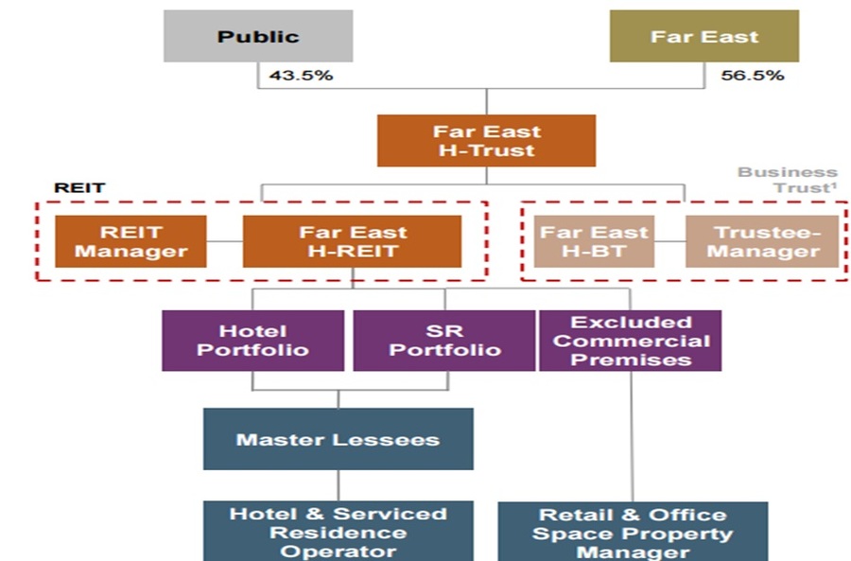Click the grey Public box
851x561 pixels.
pos(258,37)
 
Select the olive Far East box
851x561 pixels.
pos(703,37)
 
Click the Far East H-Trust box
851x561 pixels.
pos(486,140)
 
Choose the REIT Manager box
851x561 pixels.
pos(130,241)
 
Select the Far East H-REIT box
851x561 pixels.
pos(353,241)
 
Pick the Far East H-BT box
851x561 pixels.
pos(594,241)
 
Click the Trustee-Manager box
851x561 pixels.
pos(762,241)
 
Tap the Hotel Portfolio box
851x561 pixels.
pos(252,341)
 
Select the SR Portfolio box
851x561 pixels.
pos(443,341)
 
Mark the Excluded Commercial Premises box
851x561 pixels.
pos(631,341)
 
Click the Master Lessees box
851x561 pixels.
pos(338,439)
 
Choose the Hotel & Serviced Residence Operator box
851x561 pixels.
pos(338,532)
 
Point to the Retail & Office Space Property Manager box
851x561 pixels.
pos(633,532)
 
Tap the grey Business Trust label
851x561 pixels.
pos(789,179)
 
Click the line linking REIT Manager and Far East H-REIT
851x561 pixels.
pos(225,241)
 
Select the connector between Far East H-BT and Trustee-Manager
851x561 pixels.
pos(670,241)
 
